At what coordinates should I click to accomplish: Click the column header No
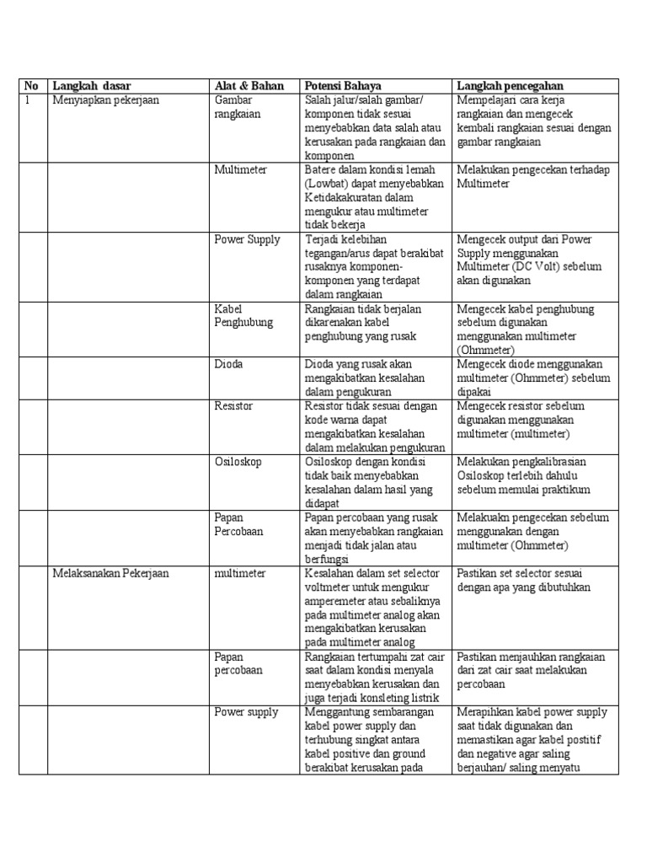click(x=31, y=86)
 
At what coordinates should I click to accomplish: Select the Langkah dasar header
click(x=91, y=86)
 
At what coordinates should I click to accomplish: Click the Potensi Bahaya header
click(x=343, y=86)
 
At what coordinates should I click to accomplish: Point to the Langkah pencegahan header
click(x=511, y=86)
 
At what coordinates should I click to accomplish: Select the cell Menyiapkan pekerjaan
click(x=105, y=100)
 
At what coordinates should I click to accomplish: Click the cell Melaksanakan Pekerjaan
click(x=110, y=574)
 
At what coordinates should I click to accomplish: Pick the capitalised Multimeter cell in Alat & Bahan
click(x=241, y=169)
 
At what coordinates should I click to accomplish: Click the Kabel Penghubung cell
click(x=242, y=316)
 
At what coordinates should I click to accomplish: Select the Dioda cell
click(x=228, y=364)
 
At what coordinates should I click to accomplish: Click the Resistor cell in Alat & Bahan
click(x=233, y=406)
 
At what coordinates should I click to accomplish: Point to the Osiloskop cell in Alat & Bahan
click(x=238, y=462)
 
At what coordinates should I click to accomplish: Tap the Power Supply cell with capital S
click(x=247, y=240)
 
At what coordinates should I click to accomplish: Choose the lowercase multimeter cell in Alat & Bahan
click(x=240, y=574)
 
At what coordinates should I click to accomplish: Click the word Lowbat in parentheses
click(x=329, y=184)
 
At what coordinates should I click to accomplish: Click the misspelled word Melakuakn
click(x=484, y=517)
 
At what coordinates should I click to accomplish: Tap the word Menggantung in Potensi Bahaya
click(x=336, y=713)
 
